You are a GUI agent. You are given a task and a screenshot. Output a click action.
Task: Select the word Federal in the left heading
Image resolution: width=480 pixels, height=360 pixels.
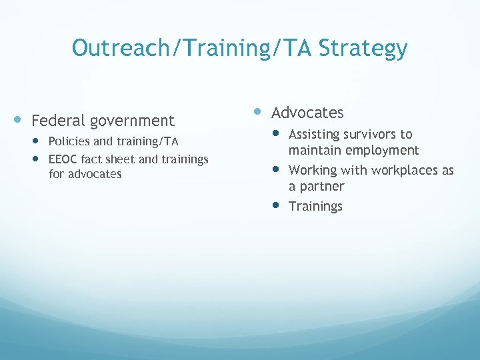coord(59,121)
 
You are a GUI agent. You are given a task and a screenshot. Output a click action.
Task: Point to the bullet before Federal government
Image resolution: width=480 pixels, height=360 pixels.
coord(19,120)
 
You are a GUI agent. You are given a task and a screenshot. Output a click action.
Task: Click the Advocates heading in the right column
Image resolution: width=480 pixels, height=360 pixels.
coord(307,113)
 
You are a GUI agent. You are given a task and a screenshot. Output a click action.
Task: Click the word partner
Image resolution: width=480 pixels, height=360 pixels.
coord(322,187)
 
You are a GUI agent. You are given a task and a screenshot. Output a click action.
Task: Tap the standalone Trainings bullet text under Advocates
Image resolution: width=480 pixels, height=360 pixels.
coord(315,207)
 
